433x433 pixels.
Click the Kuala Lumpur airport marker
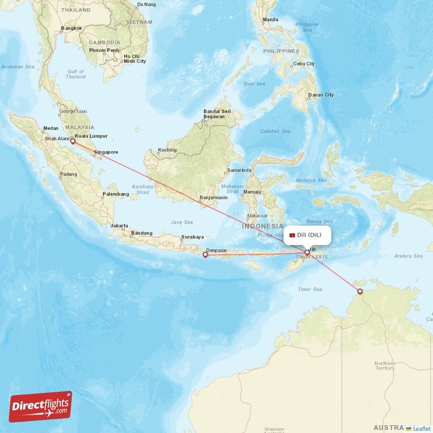coord(73,141)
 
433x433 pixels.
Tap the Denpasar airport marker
coord(205,254)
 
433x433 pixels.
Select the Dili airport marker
coord(307,252)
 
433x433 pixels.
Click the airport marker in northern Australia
coord(359,291)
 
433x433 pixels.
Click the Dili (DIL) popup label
coord(307,235)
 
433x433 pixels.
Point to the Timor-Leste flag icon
coord(292,235)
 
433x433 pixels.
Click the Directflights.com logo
coord(41,406)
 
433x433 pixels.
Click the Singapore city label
coord(106,152)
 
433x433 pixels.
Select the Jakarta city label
coord(119,225)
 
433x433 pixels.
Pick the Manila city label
coord(270,20)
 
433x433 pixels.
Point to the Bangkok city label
coord(71,28)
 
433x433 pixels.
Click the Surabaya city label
coord(192,237)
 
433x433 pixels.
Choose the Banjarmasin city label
coord(213,198)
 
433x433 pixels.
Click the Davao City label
coord(320,95)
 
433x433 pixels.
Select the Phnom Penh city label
coord(104,50)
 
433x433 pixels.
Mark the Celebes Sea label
coord(274,131)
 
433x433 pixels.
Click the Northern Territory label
coord(385,365)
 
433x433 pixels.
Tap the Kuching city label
coord(167,150)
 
